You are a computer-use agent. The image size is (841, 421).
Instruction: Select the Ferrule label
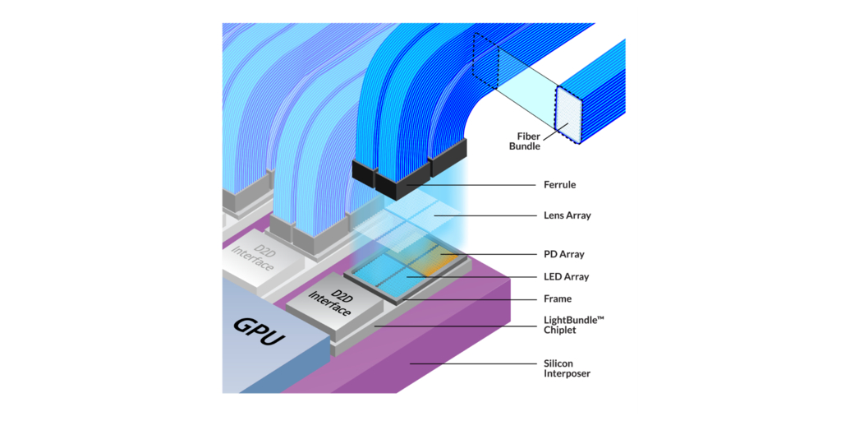(x=559, y=185)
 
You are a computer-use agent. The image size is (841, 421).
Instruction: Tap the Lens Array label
(x=567, y=215)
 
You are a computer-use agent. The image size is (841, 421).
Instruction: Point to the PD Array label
(x=564, y=255)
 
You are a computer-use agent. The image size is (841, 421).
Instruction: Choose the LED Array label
(x=566, y=277)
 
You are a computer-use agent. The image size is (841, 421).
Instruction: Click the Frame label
(x=558, y=298)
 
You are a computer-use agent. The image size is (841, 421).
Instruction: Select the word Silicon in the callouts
(x=558, y=363)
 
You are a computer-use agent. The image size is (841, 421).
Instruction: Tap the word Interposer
(x=567, y=373)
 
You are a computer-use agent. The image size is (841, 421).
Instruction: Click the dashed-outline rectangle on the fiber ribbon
(x=486, y=62)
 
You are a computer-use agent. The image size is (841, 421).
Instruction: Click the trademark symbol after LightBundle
(x=601, y=317)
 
